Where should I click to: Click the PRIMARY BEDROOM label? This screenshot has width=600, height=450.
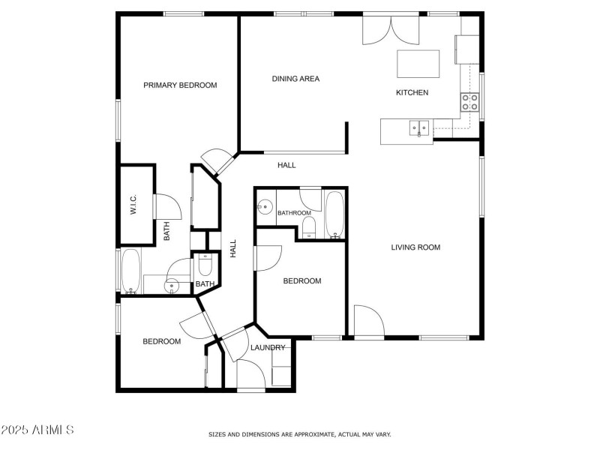[x=180, y=85]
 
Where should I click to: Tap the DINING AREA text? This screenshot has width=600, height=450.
[x=295, y=79]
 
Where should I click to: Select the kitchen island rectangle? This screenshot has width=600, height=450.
[x=418, y=64]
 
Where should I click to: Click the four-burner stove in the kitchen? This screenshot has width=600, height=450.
[x=470, y=103]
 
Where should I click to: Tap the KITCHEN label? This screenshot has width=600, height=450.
[x=412, y=93]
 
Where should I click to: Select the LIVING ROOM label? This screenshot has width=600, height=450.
[x=415, y=247]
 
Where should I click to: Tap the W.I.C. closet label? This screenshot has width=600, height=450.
[x=133, y=205]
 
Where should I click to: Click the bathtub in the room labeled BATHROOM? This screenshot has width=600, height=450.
[x=334, y=214]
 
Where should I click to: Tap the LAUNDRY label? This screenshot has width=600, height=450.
[x=268, y=348]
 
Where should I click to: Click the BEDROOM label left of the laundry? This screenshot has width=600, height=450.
[x=162, y=342]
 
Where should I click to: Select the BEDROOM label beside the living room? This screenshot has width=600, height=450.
[x=301, y=281]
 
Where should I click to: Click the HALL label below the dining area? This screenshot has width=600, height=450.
[x=286, y=165]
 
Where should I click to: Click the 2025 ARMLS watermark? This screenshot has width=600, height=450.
[x=37, y=430]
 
